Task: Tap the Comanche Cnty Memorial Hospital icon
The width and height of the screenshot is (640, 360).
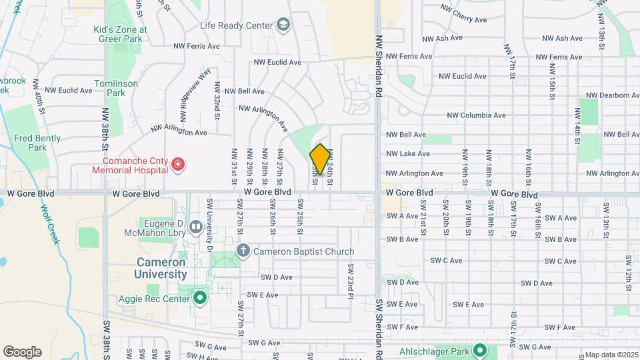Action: click(177, 164)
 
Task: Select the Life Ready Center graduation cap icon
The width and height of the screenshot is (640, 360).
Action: click(283, 25)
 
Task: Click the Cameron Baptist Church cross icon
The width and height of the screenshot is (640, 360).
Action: click(243, 251)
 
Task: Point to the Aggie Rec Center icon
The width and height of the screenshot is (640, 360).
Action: click(199, 297)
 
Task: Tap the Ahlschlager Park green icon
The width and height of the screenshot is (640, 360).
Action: click(479, 350)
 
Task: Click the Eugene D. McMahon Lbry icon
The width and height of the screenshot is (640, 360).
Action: click(196, 227)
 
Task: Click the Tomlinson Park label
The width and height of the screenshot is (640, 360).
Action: click(116, 88)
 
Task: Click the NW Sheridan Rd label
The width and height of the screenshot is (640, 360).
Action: click(378, 67)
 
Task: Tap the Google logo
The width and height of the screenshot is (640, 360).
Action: click(22, 352)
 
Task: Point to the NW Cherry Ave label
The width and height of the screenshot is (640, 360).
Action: click(465, 12)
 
